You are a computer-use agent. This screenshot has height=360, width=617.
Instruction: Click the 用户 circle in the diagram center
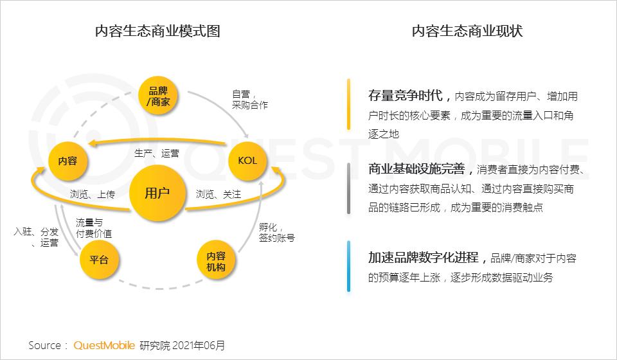157,194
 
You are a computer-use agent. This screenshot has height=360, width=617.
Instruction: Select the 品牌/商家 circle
159,96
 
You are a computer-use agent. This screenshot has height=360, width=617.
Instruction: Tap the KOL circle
247,161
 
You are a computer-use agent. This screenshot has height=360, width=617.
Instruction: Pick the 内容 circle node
67,161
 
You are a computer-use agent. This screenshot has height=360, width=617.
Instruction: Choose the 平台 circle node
99,260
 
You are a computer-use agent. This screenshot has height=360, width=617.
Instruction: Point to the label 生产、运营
157,154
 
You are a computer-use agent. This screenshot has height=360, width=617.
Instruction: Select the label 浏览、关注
219,194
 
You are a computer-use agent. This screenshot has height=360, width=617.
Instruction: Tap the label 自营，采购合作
249,99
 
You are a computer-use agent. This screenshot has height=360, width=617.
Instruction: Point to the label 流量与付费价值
94,228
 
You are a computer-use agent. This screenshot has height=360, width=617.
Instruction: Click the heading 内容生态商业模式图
157,31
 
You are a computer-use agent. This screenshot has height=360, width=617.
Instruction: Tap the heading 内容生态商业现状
467,31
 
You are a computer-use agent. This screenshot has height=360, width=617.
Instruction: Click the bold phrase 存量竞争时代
406,96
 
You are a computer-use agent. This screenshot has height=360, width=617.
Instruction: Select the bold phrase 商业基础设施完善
416,170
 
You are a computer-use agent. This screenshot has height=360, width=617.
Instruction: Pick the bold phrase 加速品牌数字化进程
424,258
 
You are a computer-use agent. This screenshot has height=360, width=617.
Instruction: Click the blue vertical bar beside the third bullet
348,266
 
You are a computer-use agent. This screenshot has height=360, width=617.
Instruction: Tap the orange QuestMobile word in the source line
104,345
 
